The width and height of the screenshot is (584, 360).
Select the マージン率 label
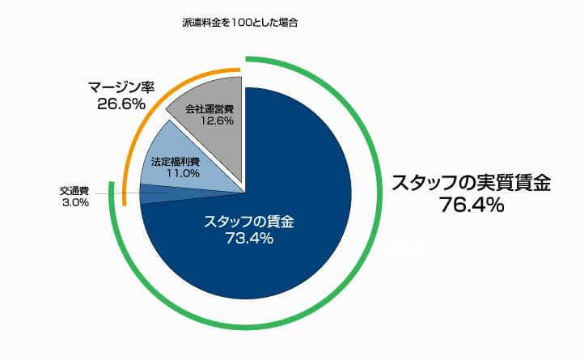[x=121, y=87]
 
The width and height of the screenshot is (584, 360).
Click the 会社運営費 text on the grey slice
[x=209, y=108]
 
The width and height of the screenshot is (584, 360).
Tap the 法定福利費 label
[x=171, y=161]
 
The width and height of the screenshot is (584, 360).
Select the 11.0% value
[x=171, y=172]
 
